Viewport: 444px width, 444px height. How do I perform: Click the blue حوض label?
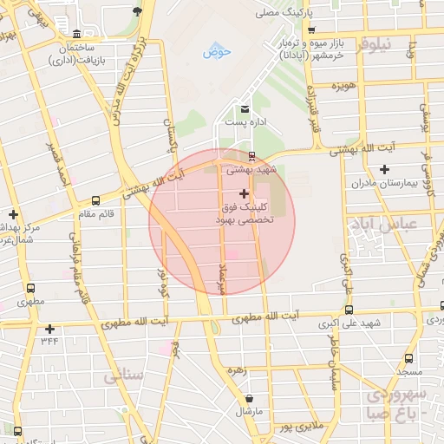pos(218,52)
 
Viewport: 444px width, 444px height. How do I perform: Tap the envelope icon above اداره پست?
pos(245,109)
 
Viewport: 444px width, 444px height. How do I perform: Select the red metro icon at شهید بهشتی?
pos(251,157)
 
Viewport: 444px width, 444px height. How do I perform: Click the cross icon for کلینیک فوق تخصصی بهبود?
pos(244,192)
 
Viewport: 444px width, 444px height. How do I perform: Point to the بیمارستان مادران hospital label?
pos(386,184)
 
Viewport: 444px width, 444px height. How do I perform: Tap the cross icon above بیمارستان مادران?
pos(384,169)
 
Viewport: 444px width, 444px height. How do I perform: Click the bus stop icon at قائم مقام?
pos(95,200)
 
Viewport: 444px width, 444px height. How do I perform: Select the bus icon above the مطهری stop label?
pos(31,289)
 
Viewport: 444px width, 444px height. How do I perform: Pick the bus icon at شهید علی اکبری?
pos(349,310)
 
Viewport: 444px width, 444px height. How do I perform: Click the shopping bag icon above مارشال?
pos(250,398)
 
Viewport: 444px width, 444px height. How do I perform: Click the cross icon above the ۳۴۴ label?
pos(49,329)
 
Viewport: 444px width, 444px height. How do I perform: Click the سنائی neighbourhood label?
pos(123,376)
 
